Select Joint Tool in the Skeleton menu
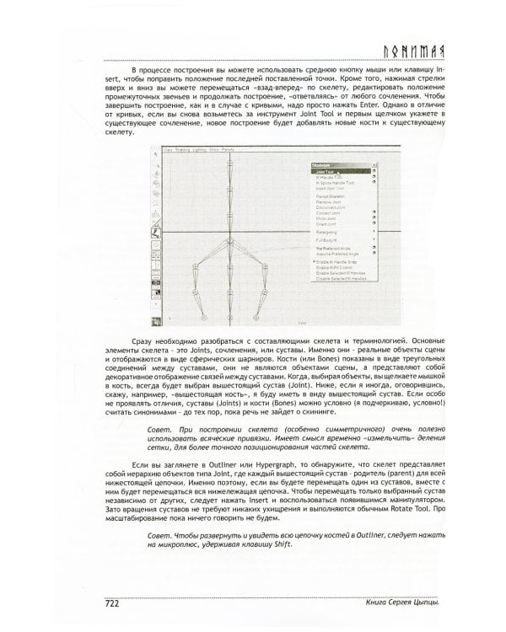tap(326, 171)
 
